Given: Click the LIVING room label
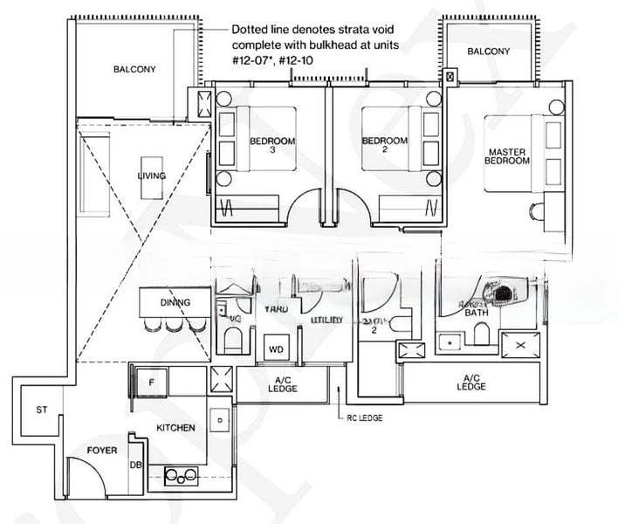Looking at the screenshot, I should [x=151, y=176].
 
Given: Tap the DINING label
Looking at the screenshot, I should [x=175, y=302].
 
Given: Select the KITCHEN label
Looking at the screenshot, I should [x=175, y=427].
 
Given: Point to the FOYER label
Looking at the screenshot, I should [x=102, y=450].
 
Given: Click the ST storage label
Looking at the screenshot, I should [x=41, y=410].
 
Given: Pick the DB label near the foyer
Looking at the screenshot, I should [x=135, y=465].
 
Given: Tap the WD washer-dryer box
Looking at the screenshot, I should [x=276, y=349].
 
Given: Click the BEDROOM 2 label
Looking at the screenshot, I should [x=384, y=145].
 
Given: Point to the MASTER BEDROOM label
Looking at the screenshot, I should [x=507, y=156].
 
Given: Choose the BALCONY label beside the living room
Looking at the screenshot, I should [x=134, y=69].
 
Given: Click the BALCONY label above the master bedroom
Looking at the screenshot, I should [x=488, y=52].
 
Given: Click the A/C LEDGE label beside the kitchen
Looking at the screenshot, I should [x=283, y=383].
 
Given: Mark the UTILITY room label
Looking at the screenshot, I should [x=327, y=321].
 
